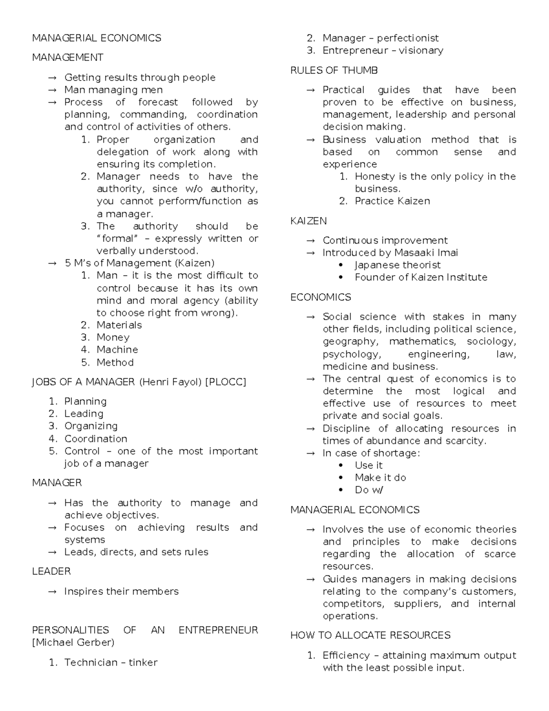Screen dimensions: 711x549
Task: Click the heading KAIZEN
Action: click(x=308, y=221)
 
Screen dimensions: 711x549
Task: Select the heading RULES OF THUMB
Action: click(x=334, y=71)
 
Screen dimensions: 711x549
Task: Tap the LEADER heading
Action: click(x=51, y=571)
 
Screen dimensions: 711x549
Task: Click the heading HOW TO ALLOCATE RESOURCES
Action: click(x=370, y=635)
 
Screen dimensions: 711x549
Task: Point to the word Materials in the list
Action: click(x=119, y=325)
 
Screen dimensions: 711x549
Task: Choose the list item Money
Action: click(x=113, y=337)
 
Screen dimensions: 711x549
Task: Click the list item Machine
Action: click(x=117, y=350)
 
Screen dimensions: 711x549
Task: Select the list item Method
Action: click(x=115, y=363)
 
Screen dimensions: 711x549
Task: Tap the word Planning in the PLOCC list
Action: click(x=86, y=402)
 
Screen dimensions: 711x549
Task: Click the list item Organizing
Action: click(x=91, y=426)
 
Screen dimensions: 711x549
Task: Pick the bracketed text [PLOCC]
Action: click(x=226, y=382)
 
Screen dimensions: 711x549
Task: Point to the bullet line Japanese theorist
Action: click(x=398, y=265)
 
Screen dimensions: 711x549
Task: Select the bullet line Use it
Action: click(x=368, y=466)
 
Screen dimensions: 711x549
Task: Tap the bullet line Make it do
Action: click(x=380, y=478)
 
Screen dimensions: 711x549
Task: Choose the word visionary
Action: click(x=421, y=51)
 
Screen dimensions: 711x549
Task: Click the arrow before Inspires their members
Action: click(x=53, y=592)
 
